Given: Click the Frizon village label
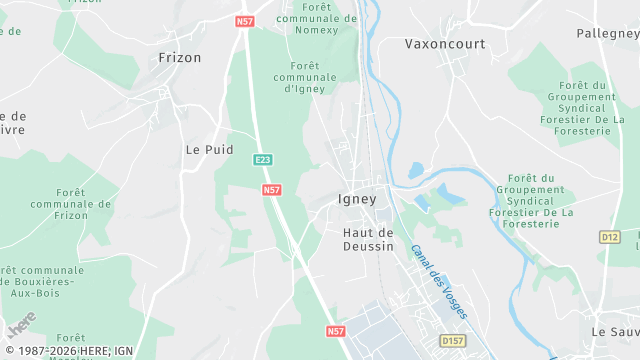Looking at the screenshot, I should (x=180, y=58).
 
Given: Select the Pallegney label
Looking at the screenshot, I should (x=611, y=33).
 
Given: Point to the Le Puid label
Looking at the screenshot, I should (x=210, y=149).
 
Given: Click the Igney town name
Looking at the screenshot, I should (x=358, y=198).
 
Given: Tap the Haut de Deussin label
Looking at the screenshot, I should (x=368, y=239).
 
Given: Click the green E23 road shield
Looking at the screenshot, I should (x=263, y=160).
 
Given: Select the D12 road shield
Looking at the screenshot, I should (x=609, y=237).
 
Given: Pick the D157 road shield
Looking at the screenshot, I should (x=453, y=341).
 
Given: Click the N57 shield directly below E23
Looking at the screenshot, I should (x=271, y=189).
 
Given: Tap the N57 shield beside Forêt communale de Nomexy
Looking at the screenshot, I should (x=246, y=20).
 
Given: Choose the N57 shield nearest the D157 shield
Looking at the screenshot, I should (x=336, y=330).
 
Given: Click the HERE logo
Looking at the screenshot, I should (x=22, y=325).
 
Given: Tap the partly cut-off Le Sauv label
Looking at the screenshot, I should (x=614, y=331).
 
